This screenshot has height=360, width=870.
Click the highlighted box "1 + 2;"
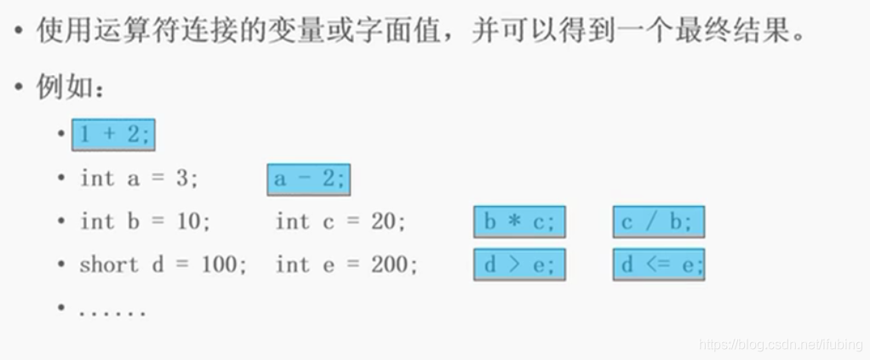pos(114,134)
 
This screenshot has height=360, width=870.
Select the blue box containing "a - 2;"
pos(308,180)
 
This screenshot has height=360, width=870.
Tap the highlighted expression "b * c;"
pos(519,222)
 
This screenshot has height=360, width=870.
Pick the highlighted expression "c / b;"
pos(658,222)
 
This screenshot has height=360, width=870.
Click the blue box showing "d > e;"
pos(519,265)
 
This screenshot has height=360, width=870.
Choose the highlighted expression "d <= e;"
pos(658,265)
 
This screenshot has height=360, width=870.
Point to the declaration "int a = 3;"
pos(140,179)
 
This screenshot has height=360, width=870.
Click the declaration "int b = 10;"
pos(145,221)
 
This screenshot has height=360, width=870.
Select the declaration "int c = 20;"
pos(341,221)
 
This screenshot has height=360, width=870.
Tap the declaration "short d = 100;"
pos(163,265)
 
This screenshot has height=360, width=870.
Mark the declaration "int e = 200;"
pos(346,265)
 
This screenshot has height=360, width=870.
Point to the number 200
pos(392,265)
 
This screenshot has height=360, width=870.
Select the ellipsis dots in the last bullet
pos(112,311)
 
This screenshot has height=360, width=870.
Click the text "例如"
pos(63,88)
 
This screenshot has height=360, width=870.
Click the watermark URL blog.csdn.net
pos(779,344)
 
